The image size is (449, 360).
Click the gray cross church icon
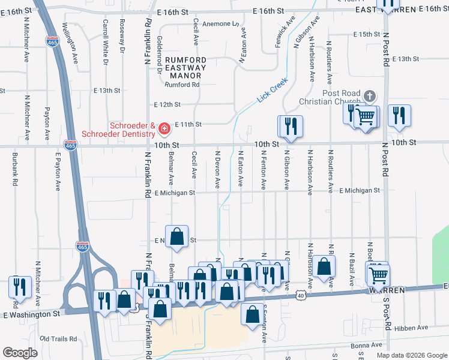pos(370,96)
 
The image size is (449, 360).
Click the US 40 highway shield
pos(300,295)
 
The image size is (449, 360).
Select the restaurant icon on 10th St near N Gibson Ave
pos(290,127)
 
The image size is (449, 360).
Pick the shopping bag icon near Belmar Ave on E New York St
pos(177,237)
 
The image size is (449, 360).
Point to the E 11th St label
pos(187,124)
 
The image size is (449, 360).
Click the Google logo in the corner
pos(20,352)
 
